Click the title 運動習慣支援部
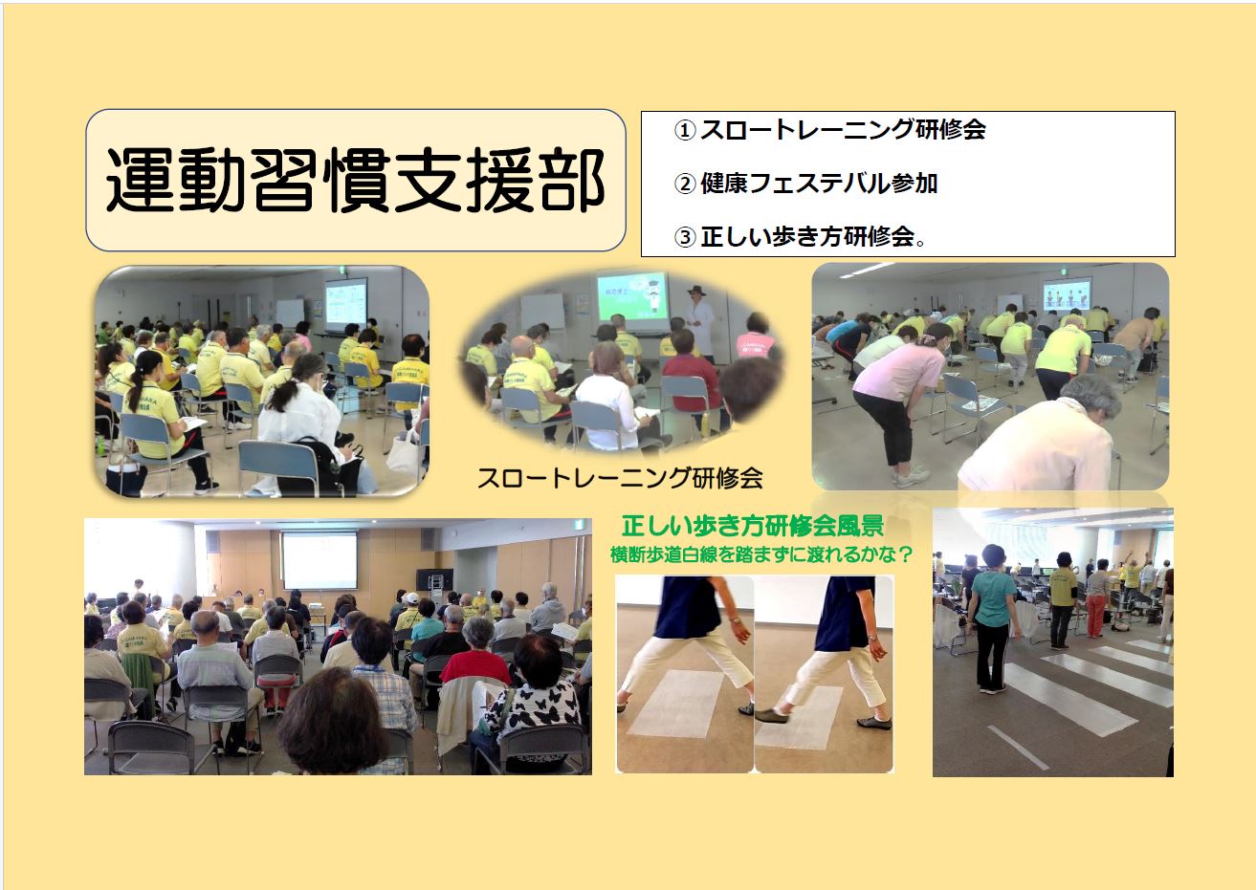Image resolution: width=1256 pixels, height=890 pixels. (356, 181)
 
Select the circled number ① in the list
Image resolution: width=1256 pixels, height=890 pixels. (685, 131)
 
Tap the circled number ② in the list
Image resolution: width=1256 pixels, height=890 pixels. (685, 184)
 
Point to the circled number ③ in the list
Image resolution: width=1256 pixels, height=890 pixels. (685, 237)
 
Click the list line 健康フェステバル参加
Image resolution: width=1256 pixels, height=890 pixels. (819, 184)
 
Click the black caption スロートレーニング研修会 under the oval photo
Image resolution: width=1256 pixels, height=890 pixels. (620, 478)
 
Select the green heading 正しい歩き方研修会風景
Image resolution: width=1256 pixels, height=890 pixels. (753, 526)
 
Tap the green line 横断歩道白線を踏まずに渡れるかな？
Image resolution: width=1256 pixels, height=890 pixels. (760, 554)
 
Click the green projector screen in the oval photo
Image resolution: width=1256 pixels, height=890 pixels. (632, 296)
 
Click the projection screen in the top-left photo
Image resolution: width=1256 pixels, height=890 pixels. (346, 303)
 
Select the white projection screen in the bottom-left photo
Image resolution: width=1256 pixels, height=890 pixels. (320, 560)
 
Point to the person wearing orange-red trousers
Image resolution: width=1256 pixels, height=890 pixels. (1095, 598)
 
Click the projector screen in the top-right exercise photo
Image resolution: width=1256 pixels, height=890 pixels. (1067, 293)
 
